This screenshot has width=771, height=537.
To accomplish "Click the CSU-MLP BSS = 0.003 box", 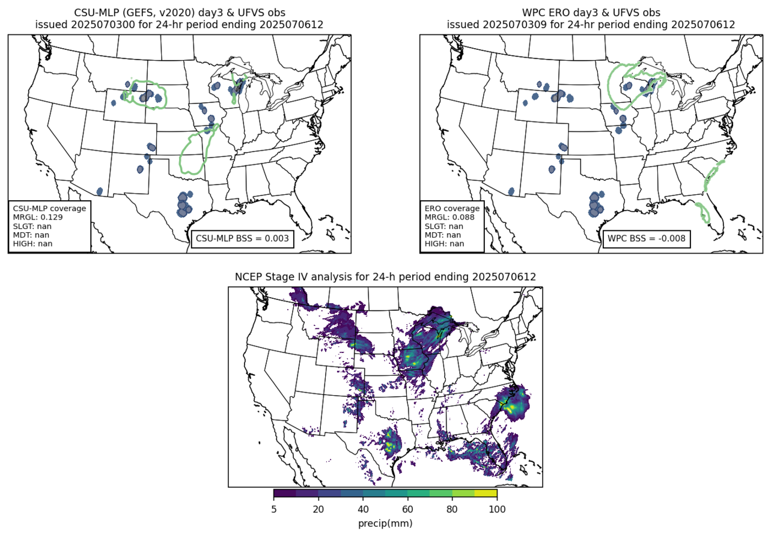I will click(242, 239).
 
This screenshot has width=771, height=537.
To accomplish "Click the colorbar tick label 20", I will click(318, 509).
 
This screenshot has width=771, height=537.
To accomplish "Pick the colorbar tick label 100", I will click(496, 509).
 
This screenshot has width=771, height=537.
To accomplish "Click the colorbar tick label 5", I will click(273, 509).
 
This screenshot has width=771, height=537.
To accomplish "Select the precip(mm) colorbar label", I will click(385, 524).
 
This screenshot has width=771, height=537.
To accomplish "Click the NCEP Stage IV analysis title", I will click(385, 277).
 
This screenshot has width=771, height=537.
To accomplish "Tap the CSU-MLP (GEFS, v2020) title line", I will click(180, 12).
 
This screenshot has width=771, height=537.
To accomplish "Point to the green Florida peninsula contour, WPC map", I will click(702, 212).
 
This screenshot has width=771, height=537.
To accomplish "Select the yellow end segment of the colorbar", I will click(486, 494).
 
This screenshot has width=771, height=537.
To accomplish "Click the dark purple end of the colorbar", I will click(284, 494).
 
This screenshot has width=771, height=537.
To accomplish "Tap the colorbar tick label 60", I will click(407, 509).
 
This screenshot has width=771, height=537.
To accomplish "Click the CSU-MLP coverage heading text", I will click(49, 208).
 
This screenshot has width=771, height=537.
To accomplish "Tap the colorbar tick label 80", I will click(452, 509).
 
